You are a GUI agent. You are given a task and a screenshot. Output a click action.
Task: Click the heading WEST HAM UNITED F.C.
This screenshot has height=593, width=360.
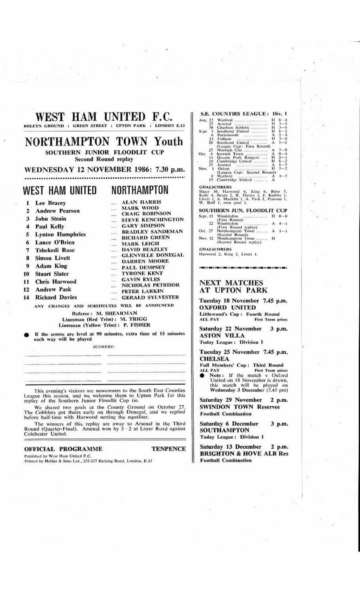[x=104, y=117]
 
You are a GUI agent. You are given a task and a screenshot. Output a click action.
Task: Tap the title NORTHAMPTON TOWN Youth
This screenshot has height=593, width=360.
[x=104, y=142]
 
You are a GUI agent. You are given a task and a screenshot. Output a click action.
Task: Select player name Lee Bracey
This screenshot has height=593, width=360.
[x=51, y=203]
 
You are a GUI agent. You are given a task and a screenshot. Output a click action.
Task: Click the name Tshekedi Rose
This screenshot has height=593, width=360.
[x=55, y=250]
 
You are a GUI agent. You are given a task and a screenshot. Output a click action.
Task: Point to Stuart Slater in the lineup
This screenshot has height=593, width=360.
[x=52, y=274]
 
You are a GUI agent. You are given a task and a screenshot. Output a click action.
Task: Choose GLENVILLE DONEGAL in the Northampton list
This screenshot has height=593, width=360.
[x=153, y=255]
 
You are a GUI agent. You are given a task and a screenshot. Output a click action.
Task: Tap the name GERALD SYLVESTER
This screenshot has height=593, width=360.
[x=150, y=297]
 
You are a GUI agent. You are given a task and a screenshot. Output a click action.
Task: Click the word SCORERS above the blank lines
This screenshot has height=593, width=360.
[x=104, y=347]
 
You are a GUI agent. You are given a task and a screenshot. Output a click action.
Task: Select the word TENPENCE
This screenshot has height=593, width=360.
[x=168, y=449]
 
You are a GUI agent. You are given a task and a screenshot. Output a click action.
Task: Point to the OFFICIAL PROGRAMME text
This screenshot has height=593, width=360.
[x=63, y=449]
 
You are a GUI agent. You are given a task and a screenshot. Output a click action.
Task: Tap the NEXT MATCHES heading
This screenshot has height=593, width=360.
[x=231, y=283]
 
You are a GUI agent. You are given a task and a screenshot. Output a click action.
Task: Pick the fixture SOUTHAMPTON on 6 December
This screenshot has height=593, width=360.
[x=224, y=430]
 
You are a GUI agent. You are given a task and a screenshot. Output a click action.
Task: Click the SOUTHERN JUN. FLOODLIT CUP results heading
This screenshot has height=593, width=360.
[x=243, y=211]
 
